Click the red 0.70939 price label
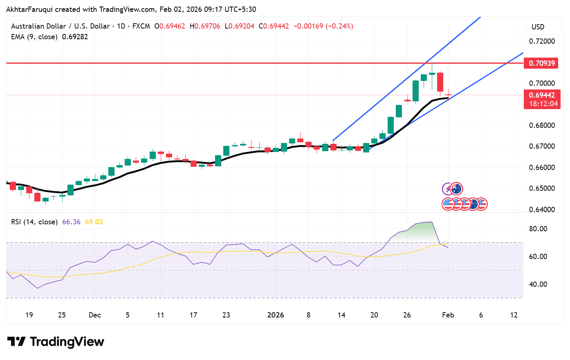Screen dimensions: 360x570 click(541, 63)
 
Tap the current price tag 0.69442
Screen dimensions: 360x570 click(541, 95)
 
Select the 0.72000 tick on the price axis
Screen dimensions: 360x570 click(542, 41)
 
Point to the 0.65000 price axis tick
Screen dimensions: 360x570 click(542, 188)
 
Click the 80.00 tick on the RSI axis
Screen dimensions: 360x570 click(538, 229)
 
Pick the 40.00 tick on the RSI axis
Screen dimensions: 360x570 click(538, 284)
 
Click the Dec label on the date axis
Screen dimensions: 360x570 click(94, 315)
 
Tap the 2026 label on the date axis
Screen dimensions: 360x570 click(275, 315)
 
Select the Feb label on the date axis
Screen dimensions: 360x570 click(448, 315)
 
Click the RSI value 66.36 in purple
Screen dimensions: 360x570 click(71, 222)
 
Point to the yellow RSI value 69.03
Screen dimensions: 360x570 click(94, 222)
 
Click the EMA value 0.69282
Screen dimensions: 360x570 click(75, 37)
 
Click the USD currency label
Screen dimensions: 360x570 click(538, 27)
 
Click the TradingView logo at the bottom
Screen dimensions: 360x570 click(56, 342)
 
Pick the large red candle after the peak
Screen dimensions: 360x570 click(440, 82)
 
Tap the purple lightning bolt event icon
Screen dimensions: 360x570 click(448, 189)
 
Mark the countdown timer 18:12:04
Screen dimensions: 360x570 click(543, 104)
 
